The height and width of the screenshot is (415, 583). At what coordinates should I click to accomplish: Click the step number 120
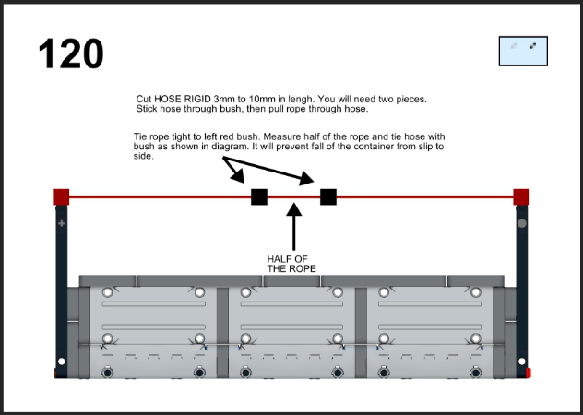[x=71, y=53]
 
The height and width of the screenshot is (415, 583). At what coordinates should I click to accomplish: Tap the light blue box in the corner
[x=523, y=51]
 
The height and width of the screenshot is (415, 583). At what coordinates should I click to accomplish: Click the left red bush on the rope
[x=61, y=196]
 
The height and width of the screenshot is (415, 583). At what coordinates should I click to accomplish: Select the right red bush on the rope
[x=521, y=196]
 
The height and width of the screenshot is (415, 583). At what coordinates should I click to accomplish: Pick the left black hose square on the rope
[x=259, y=196]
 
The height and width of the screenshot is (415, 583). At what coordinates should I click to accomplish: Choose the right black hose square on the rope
[x=328, y=196]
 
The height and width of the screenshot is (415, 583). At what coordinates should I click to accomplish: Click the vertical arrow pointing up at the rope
[x=294, y=227]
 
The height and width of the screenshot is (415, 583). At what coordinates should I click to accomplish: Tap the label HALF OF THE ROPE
[x=291, y=264]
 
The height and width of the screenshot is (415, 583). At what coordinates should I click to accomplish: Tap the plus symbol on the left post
[x=62, y=223]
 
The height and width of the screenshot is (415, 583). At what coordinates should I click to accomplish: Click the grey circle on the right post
[x=521, y=223]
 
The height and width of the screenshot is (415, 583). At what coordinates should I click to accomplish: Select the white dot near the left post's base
[x=62, y=362]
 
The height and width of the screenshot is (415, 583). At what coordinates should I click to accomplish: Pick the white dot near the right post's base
[x=521, y=362]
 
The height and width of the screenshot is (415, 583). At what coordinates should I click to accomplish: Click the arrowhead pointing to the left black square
[x=238, y=175]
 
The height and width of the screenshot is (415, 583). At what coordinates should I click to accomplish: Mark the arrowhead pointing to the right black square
[x=306, y=178]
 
